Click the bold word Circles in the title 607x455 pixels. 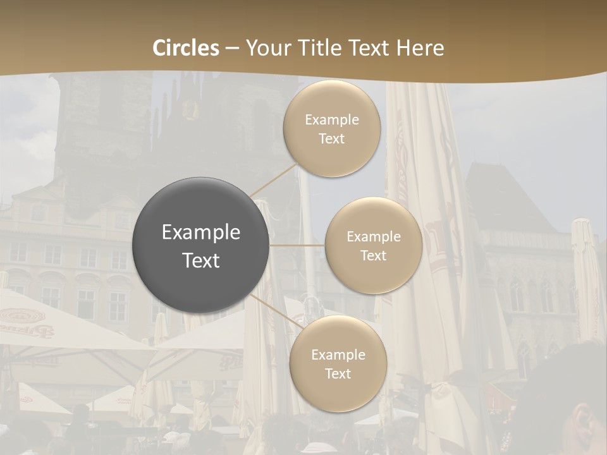tap(186, 48)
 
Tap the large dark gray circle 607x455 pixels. tap(200, 245)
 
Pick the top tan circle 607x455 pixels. tap(332, 128)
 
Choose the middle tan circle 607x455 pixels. tap(373, 245)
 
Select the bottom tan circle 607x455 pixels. tap(338, 363)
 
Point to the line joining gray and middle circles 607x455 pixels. tap(297, 245)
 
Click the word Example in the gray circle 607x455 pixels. tap(201, 233)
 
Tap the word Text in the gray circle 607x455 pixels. tap(201, 260)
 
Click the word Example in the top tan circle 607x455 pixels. tap(332, 120)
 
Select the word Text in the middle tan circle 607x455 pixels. tap(373, 255)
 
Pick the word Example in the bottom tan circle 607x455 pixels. tap(338, 355)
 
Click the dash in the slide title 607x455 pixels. tap(231, 48)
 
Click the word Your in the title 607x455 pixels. tap(263, 48)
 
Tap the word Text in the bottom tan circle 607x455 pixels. tap(338, 373)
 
